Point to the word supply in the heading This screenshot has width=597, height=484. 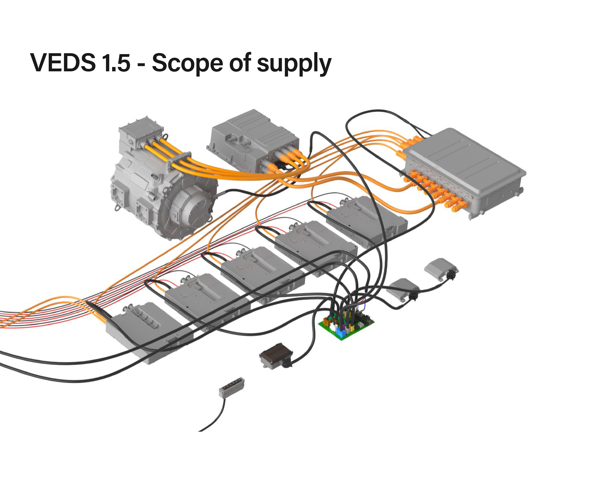[x=294, y=63]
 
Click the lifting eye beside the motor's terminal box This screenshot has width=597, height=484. [x=166, y=136]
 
